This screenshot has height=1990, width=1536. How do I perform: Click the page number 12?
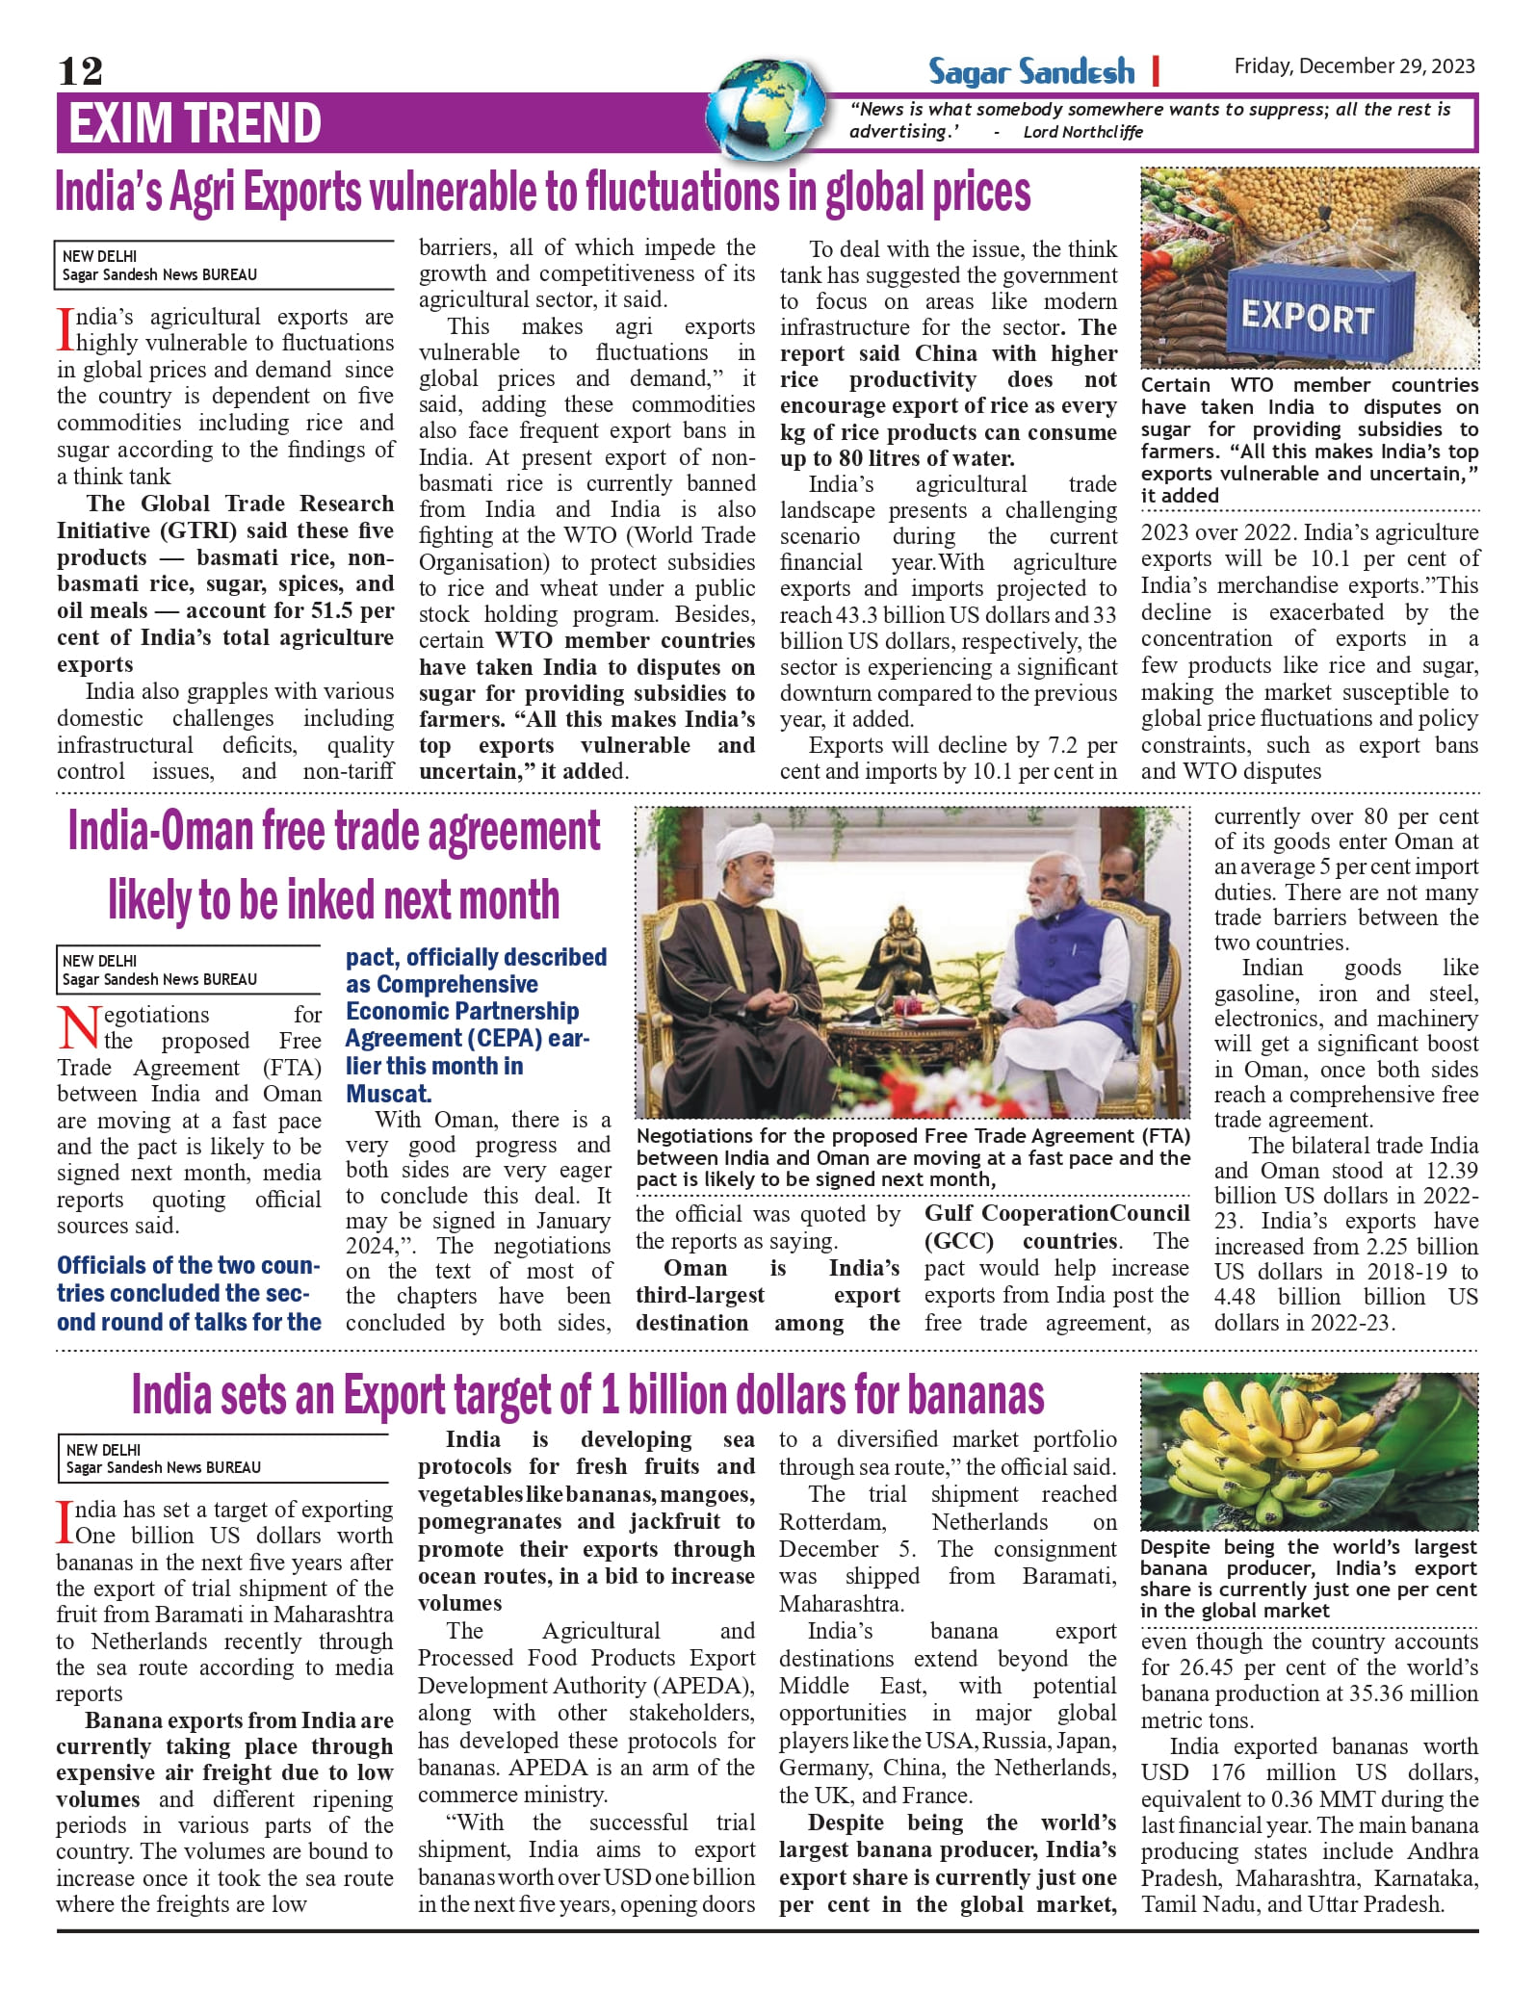(80, 71)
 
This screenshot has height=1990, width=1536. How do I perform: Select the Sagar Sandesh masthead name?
(1030, 71)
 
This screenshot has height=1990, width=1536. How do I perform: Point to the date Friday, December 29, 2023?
(1354, 65)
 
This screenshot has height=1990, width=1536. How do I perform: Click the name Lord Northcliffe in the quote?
(1082, 132)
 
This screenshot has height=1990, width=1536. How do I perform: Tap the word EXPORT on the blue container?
(1307, 317)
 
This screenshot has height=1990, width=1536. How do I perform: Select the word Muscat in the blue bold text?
(387, 1094)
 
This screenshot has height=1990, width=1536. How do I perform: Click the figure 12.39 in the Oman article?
(1445, 1171)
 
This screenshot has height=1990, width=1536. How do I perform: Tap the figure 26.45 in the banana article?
(1212, 1667)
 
